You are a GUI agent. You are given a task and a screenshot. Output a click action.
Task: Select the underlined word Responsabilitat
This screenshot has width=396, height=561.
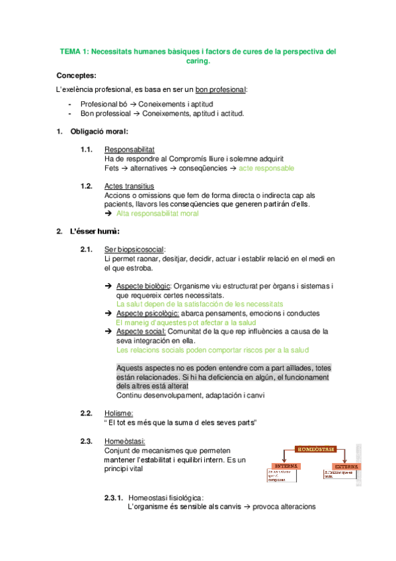point(130,150)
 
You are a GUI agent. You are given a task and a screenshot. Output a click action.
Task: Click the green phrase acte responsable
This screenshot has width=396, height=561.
point(266,168)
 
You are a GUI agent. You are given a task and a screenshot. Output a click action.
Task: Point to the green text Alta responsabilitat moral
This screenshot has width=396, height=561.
point(157,214)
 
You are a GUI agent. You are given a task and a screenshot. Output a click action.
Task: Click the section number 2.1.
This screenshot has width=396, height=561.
point(86,249)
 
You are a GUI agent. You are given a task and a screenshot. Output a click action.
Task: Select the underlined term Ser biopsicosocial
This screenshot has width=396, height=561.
point(134,249)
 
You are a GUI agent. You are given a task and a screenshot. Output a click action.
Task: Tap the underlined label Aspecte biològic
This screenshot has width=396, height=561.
point(143,286)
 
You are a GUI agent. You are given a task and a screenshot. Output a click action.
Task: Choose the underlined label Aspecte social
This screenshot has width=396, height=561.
point(140,331)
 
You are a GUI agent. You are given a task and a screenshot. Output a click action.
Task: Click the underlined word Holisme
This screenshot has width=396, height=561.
point(119,413)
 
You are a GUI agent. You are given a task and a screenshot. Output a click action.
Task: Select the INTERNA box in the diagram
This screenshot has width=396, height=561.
point(285,465)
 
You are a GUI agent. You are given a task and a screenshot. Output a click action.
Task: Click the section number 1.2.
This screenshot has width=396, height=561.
point(86,186)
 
